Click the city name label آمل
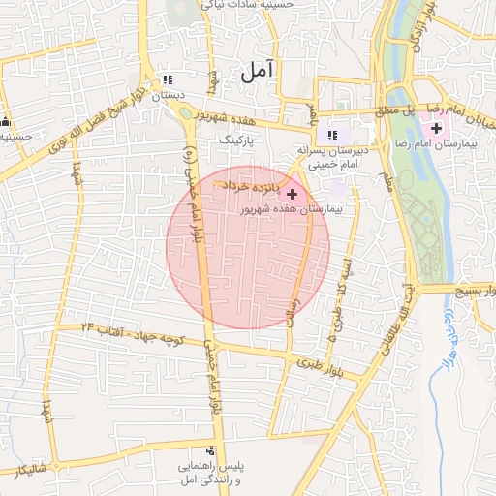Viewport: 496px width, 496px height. (x=256, y=71)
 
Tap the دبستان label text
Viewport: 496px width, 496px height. (x=167, y=95)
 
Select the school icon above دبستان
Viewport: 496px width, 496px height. (x=167, y=80)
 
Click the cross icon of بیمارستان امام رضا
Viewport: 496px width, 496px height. (x=437, y=128)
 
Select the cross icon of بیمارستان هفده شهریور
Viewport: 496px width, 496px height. (x=293, y=194)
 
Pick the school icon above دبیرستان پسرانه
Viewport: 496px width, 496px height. (x=332, y=135)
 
